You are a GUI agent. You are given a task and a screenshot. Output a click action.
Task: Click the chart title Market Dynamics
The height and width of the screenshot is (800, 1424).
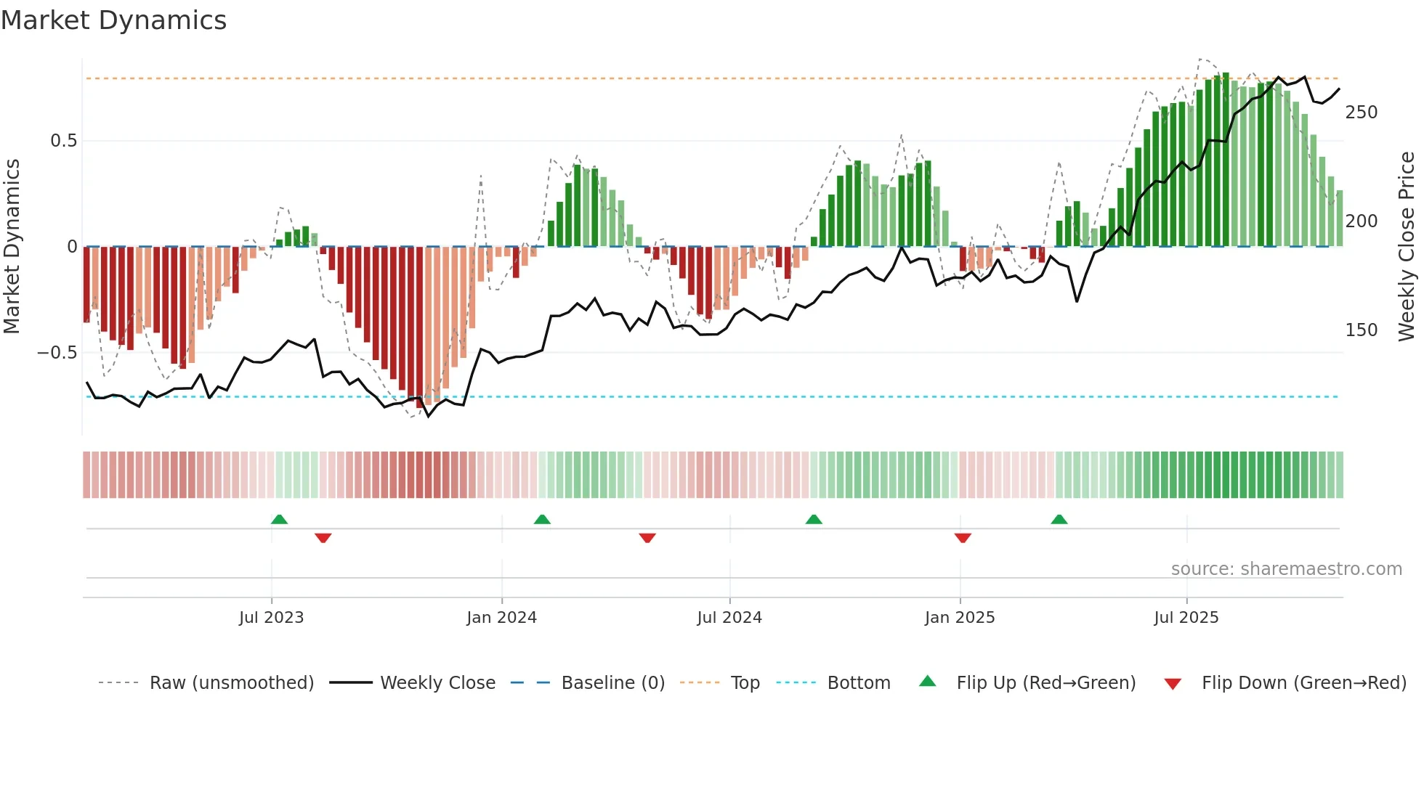(113, 20)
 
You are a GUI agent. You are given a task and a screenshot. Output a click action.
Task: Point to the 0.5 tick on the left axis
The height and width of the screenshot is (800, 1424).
(63, 141)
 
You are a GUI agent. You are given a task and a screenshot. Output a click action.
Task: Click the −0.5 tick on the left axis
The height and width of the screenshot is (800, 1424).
(57, 353)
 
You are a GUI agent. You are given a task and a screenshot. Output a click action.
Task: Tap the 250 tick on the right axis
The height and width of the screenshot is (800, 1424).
(1361, 113)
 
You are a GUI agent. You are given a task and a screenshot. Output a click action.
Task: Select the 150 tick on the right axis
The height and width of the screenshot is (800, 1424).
(1361, 330)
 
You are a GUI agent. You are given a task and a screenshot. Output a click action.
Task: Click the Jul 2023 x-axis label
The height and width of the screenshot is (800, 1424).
(271, 618)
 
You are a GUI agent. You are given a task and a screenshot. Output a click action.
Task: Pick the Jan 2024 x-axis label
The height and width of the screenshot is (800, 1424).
(501, 618)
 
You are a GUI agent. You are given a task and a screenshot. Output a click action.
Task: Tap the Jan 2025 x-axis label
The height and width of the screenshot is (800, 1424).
(959, 618)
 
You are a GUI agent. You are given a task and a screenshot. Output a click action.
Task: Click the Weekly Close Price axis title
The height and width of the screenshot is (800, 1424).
(1407, 247)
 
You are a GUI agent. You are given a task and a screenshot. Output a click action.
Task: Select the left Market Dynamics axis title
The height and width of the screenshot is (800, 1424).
(12, 247)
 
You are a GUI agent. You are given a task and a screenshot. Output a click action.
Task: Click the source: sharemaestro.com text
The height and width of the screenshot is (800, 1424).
(1286, 569)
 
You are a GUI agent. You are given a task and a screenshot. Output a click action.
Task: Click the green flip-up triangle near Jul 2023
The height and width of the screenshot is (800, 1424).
(279, 519)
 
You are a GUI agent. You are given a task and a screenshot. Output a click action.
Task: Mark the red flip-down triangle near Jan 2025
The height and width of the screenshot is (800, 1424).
(963, 538)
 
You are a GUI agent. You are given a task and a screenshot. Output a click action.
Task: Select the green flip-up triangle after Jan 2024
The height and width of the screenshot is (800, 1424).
(542, 519)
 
